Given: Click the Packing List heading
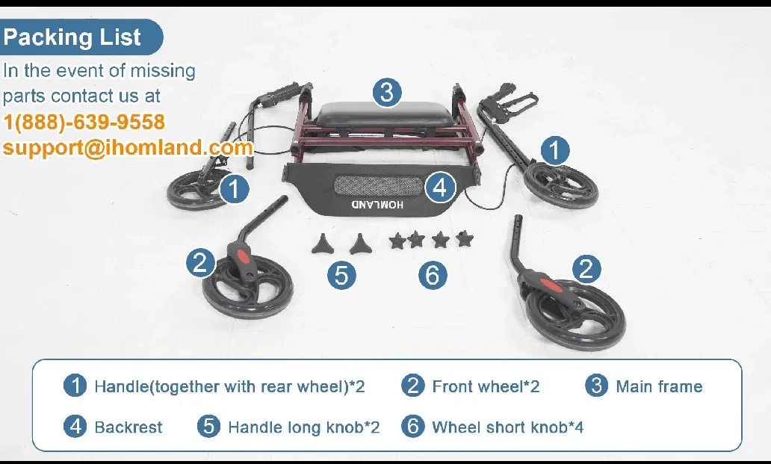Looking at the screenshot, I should (x=72, y=37).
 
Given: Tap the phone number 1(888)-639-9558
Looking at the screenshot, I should (x=84, y=122).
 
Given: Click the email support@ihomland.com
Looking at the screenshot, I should (x=128, y=147).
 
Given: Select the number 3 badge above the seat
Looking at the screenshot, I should (x=386, y=93).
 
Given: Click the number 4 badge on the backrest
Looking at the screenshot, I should (x=440, y=188).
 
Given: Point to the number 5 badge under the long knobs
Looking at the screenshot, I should (x=341, y=275).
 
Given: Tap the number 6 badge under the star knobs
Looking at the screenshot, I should (x=433, y=275).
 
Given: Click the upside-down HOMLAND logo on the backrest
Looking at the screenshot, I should (x=377, y=204).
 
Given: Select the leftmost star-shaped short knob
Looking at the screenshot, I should (x=397, y=241).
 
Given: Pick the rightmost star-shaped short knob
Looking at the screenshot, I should (x=465, y=239).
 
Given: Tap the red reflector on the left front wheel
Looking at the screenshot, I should (x=241, y=256).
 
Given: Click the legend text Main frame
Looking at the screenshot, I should (x=659, y=386).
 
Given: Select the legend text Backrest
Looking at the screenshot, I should (x=128, y=427).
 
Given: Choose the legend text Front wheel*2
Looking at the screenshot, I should (x=486, y=386).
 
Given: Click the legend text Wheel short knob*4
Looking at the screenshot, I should (x=507, y=427).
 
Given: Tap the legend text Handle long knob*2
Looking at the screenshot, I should (x=303, y=427).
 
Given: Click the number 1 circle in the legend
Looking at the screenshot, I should (x=75, y=386).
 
